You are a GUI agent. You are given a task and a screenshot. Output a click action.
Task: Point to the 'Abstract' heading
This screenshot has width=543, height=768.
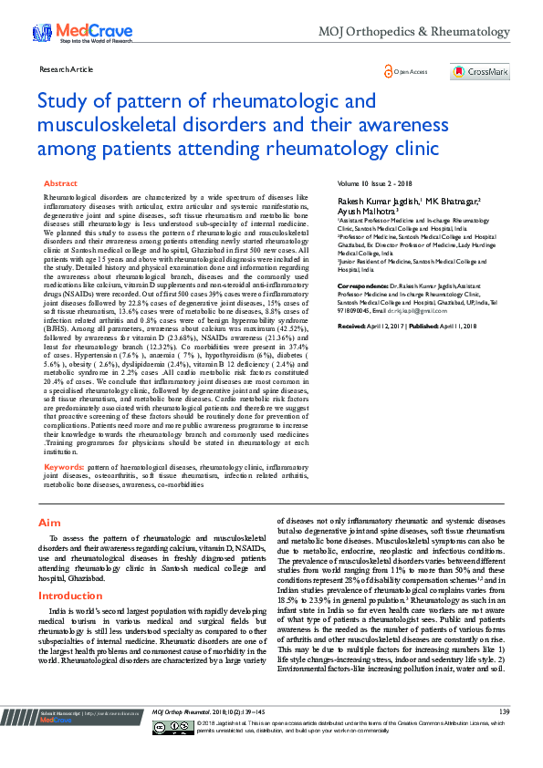[61, 183]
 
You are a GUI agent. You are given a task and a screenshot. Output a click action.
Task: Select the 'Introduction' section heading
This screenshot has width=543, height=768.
[70, 596]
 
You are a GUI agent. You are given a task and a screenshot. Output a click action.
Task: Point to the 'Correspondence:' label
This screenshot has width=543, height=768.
[364, 285]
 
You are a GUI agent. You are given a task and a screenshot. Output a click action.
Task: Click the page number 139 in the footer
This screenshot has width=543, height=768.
[504, 736]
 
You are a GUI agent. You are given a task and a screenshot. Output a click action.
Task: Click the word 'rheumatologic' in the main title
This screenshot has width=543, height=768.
[272, 100]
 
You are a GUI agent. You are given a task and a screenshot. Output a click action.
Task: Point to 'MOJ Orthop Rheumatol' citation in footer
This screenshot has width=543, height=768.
[188, 736]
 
